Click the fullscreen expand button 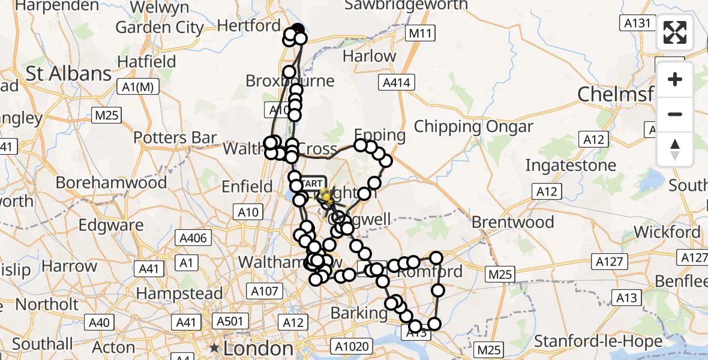675,32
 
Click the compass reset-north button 675,149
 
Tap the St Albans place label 68,74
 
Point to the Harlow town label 369,56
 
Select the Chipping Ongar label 473,127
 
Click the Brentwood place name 512,222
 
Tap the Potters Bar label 175,137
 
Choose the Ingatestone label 571,165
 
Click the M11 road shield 419,34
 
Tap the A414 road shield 397,83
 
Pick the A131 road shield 635,23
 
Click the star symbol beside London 214,348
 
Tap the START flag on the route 311,183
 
